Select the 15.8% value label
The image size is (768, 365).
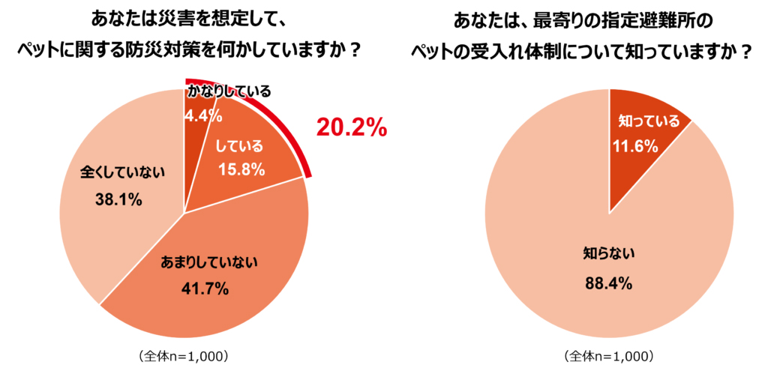coord(241,169)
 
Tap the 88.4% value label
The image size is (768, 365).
coord(608,283)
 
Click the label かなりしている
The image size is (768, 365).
coord(228,92)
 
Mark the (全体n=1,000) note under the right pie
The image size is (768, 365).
coord(609,354)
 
